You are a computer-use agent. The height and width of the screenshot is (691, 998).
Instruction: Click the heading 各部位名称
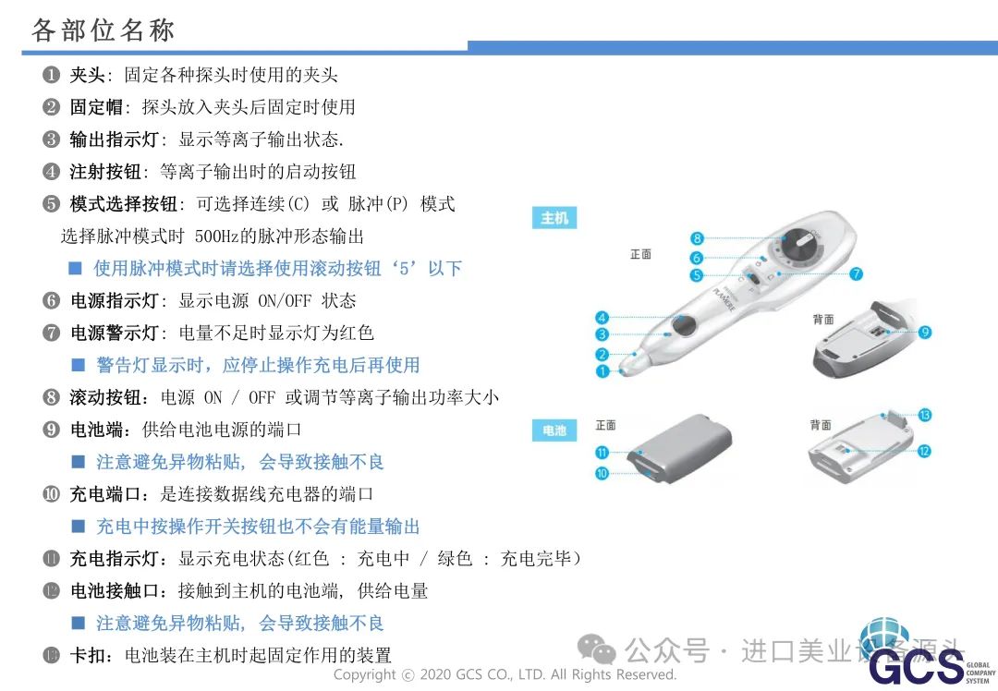(x=103, y=30)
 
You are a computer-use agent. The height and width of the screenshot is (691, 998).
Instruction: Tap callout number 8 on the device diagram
(x=697, y=238)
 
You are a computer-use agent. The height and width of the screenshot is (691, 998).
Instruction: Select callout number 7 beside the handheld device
(x=856, y=273)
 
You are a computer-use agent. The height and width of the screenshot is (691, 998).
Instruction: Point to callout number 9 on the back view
(x=925, y=332)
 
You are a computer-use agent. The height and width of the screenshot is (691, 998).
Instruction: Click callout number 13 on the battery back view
(x=925, y=415)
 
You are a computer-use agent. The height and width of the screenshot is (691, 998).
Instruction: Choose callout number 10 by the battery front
(x=602, y=473)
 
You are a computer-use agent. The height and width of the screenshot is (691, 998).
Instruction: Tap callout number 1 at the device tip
(x=602, y=370)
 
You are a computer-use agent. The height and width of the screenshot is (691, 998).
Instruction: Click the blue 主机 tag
(x=554, y=218)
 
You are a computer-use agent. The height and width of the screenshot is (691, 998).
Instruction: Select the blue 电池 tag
(x=554, y=430)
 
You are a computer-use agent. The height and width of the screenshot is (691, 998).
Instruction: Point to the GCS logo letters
(x=916, y=666)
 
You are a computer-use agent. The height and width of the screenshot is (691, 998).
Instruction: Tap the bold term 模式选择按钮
(x=123, y=204)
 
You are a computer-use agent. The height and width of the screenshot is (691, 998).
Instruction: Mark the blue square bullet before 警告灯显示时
(x=79, y=365)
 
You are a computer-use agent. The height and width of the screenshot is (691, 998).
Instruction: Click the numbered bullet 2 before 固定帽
(x=51, y=107)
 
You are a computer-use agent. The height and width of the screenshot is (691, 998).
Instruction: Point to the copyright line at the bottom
(x=505, y=674)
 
